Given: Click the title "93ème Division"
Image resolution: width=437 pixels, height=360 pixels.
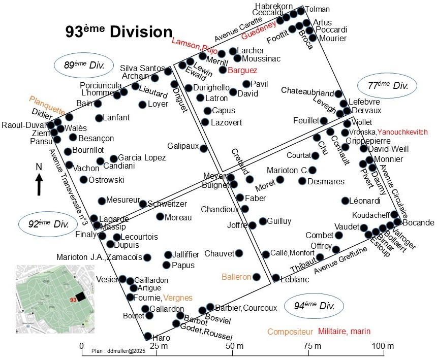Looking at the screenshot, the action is (119, 31).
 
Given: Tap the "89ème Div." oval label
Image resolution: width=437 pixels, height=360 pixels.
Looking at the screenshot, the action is (84, 66).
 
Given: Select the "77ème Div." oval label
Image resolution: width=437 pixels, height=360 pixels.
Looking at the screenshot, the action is (387, 85).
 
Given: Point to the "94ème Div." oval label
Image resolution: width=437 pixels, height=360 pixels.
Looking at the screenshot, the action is (314, 306).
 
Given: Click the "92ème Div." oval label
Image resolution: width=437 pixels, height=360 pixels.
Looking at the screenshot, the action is (48, 224).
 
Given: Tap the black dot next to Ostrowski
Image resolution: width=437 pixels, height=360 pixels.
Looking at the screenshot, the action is (84, 180).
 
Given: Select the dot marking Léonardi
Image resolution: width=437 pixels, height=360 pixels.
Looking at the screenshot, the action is (346, 201).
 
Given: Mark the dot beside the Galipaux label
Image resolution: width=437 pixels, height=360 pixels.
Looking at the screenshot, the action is (204, 148).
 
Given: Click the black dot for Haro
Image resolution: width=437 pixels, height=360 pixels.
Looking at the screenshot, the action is (148, 336).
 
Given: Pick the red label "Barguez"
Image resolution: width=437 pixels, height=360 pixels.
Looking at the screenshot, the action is (242, 71).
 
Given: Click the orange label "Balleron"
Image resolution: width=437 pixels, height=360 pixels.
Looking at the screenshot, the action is (236, 277).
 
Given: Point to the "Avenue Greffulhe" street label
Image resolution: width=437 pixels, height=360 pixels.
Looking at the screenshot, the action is (340, 260).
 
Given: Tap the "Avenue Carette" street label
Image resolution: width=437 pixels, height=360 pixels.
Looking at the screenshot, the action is (238, 29).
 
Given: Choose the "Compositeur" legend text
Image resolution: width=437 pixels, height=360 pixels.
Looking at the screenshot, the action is (290, 332).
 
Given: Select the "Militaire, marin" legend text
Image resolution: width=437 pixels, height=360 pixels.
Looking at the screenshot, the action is (344, 332).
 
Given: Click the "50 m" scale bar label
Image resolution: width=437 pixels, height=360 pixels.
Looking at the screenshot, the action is (235, 346).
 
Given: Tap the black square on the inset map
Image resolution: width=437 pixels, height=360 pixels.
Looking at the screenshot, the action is (81, 297).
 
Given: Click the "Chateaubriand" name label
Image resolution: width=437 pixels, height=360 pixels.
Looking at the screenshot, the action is (307, 91).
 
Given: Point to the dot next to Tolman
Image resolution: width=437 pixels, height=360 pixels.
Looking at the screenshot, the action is (301, 11).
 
